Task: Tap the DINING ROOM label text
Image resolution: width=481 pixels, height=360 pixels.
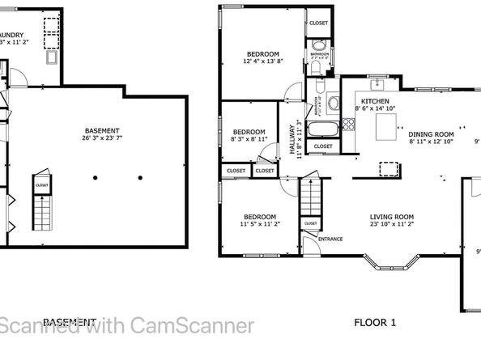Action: tap(431, 134)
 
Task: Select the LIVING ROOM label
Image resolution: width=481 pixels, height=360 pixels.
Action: tap(392, 216)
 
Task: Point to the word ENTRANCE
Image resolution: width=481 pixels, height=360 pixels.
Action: tap(330, 239)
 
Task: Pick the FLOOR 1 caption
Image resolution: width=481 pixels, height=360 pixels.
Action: tap(375, 323)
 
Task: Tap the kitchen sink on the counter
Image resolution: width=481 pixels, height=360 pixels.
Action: tap(377, 84)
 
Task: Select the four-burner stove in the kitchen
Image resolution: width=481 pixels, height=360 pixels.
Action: tap(348, 124)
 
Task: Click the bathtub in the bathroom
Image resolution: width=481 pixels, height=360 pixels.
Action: tap(321, 129)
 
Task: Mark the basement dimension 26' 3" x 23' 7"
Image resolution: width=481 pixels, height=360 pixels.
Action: tap(102, 138)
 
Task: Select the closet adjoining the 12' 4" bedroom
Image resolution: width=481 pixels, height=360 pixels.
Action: tap(317, 23)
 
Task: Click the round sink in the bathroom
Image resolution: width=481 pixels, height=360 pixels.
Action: tap(332, 103)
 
